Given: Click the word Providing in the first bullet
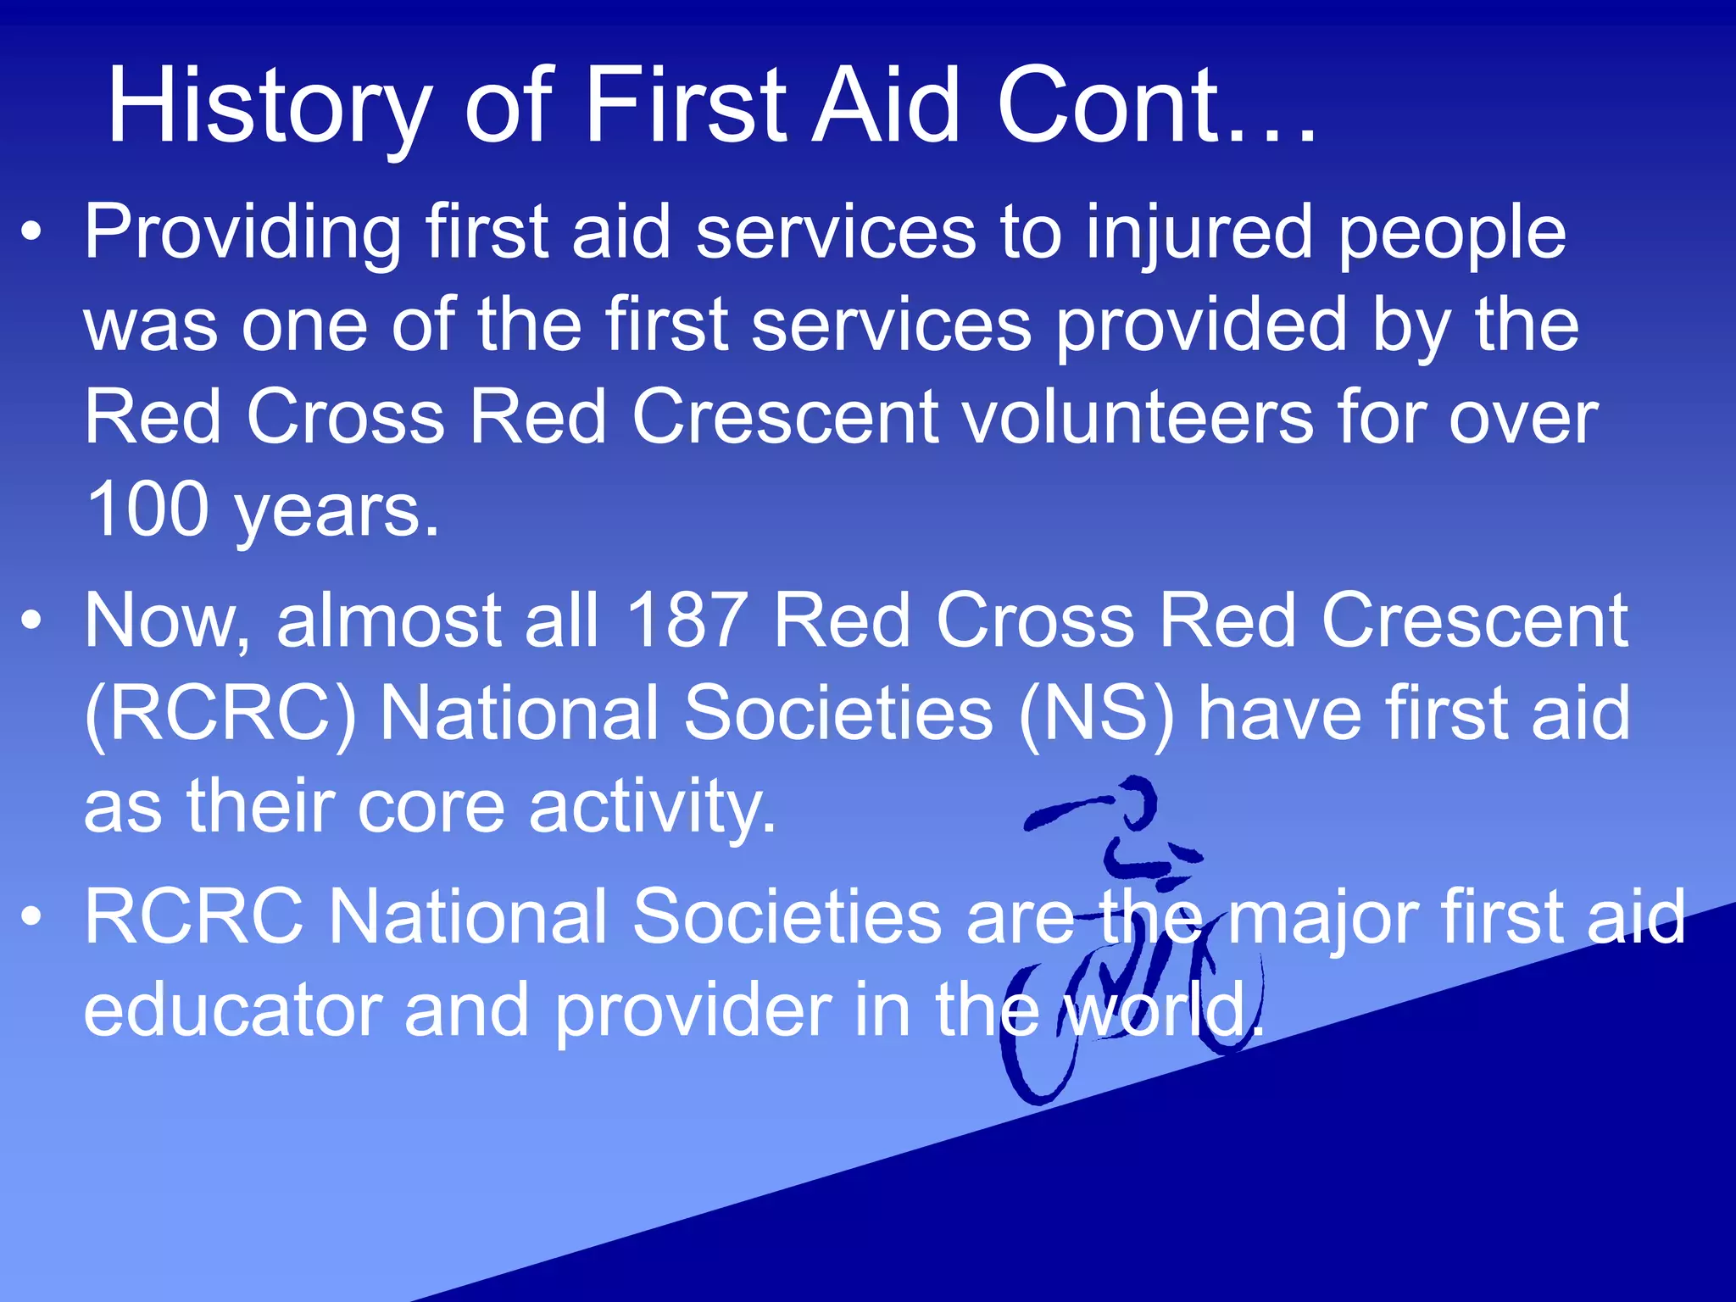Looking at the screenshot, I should coord(242,233).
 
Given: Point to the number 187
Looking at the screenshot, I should coord(687,620).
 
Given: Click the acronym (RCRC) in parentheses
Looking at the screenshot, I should coord(220,714).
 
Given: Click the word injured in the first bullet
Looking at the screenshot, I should coord(1199,233).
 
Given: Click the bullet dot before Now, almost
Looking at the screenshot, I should coord(32,621).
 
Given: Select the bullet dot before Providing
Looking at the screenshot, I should coord(32,233).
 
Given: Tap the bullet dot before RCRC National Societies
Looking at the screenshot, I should coord(32,917).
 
